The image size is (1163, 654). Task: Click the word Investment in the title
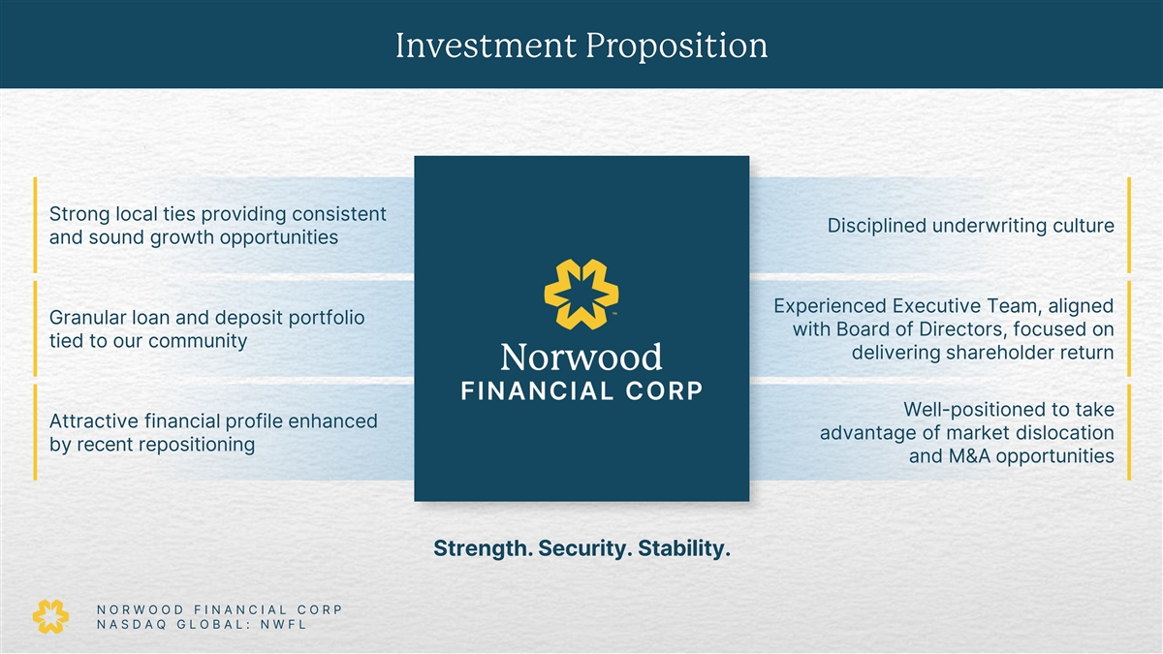(486, 46)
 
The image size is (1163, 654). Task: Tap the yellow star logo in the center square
(581, 295)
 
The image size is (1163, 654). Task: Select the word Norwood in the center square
(581, 358)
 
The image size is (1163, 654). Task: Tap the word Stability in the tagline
(684, 548)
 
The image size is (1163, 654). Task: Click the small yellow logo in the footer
(50, 616)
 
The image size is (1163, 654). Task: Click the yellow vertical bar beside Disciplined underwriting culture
(1129, 225)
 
